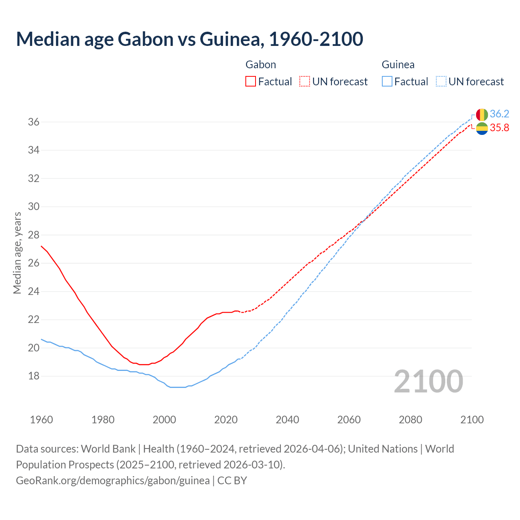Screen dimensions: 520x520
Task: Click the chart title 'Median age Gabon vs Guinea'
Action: point(189,39)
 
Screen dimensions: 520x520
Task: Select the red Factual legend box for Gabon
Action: point(251,81)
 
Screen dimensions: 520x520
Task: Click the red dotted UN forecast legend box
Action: point(305,81)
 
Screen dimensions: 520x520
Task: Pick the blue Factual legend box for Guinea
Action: point(387,81)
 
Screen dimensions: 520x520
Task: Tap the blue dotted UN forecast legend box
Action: point(441,81)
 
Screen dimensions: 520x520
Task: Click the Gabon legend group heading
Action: point(261,65)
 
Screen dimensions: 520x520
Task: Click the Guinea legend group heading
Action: point(398,65)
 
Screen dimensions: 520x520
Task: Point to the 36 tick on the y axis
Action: point(34,122)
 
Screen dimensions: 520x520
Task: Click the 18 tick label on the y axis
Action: point(34,376)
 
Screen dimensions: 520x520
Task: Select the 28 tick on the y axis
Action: point(34,235)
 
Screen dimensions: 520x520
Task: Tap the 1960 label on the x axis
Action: point(41,420)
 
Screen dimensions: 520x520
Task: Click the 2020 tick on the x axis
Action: point(226,420)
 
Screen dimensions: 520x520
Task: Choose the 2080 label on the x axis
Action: point(410,420)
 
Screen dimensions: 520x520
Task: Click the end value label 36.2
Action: point(499,114)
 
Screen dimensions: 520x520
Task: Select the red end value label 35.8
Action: point(499,128)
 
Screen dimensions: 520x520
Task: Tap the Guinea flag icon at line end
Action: point(482,115)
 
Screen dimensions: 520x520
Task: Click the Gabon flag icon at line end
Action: point(482,128)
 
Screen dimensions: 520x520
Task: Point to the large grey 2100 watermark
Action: point(429,381)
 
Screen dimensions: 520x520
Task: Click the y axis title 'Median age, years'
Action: point(17,253)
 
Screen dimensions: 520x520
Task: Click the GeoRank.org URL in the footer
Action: point(113,481)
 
